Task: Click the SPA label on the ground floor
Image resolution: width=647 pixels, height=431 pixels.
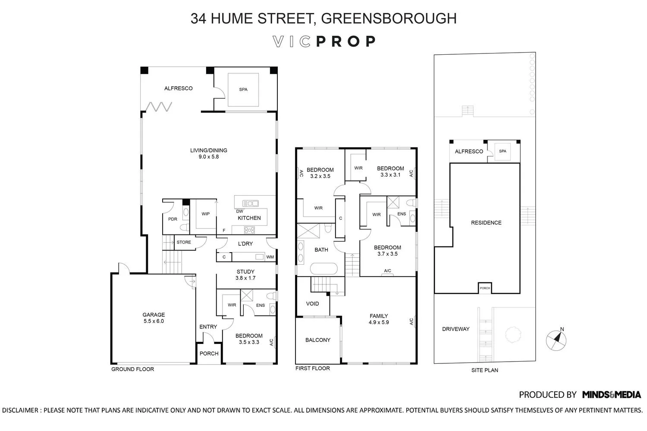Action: click(x=243, y=90)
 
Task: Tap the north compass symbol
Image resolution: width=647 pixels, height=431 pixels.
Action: click(x=556, y=339)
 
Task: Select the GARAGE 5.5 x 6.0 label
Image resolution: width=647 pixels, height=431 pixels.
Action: click(x=154, y=318)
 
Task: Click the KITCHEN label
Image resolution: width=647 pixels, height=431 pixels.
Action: click(x=249, y=218)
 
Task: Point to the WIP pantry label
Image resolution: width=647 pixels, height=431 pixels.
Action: click(x=205, y=214)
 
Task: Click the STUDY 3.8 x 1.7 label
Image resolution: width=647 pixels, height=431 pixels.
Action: click(x=245, y=275)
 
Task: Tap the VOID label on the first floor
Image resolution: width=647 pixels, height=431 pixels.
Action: click(x=312, y=304)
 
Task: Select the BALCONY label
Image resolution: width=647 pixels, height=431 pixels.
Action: click(x=317, y=340)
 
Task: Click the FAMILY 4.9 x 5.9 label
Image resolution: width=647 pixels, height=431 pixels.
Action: click(x=379, y=319)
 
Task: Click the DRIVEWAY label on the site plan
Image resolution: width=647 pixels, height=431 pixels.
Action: click(x=455, y=329)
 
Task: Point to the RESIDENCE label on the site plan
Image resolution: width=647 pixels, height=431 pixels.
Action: click(x=486, y=223)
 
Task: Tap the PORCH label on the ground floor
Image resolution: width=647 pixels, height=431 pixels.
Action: click(x=209, y=354)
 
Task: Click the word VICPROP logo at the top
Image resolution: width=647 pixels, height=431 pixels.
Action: click(x=324, y=41)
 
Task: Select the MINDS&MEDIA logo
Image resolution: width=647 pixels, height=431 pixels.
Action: click(x=611, y=394)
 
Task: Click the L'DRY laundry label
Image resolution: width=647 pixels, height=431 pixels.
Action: click(x=245, y=244)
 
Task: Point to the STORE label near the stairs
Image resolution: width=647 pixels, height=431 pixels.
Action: click(x=184, y=242)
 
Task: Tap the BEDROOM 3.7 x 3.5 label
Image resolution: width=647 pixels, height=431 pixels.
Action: click(x=387, y=251)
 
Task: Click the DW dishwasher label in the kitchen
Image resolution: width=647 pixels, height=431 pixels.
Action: click(x=239, y=211)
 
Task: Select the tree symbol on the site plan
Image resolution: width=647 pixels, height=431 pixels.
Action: click(x=513, y=334)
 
